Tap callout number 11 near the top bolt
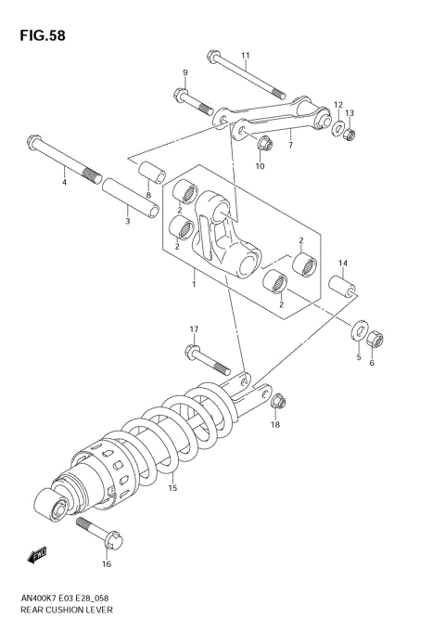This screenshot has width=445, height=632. [x=246, y=56]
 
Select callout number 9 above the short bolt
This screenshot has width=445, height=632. [x=184, y=72]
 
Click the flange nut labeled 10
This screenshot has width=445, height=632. [x=262, y=144]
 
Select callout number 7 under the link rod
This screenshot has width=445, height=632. [x=289, y=146]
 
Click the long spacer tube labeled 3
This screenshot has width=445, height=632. [x=126, y=199]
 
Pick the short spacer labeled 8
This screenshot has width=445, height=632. [x=151, y=173]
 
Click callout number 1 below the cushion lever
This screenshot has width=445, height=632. [x=194, y=276]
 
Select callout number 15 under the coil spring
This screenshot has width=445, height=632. [x=172, y=487]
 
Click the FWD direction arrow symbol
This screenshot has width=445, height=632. [x=37, y=555]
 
